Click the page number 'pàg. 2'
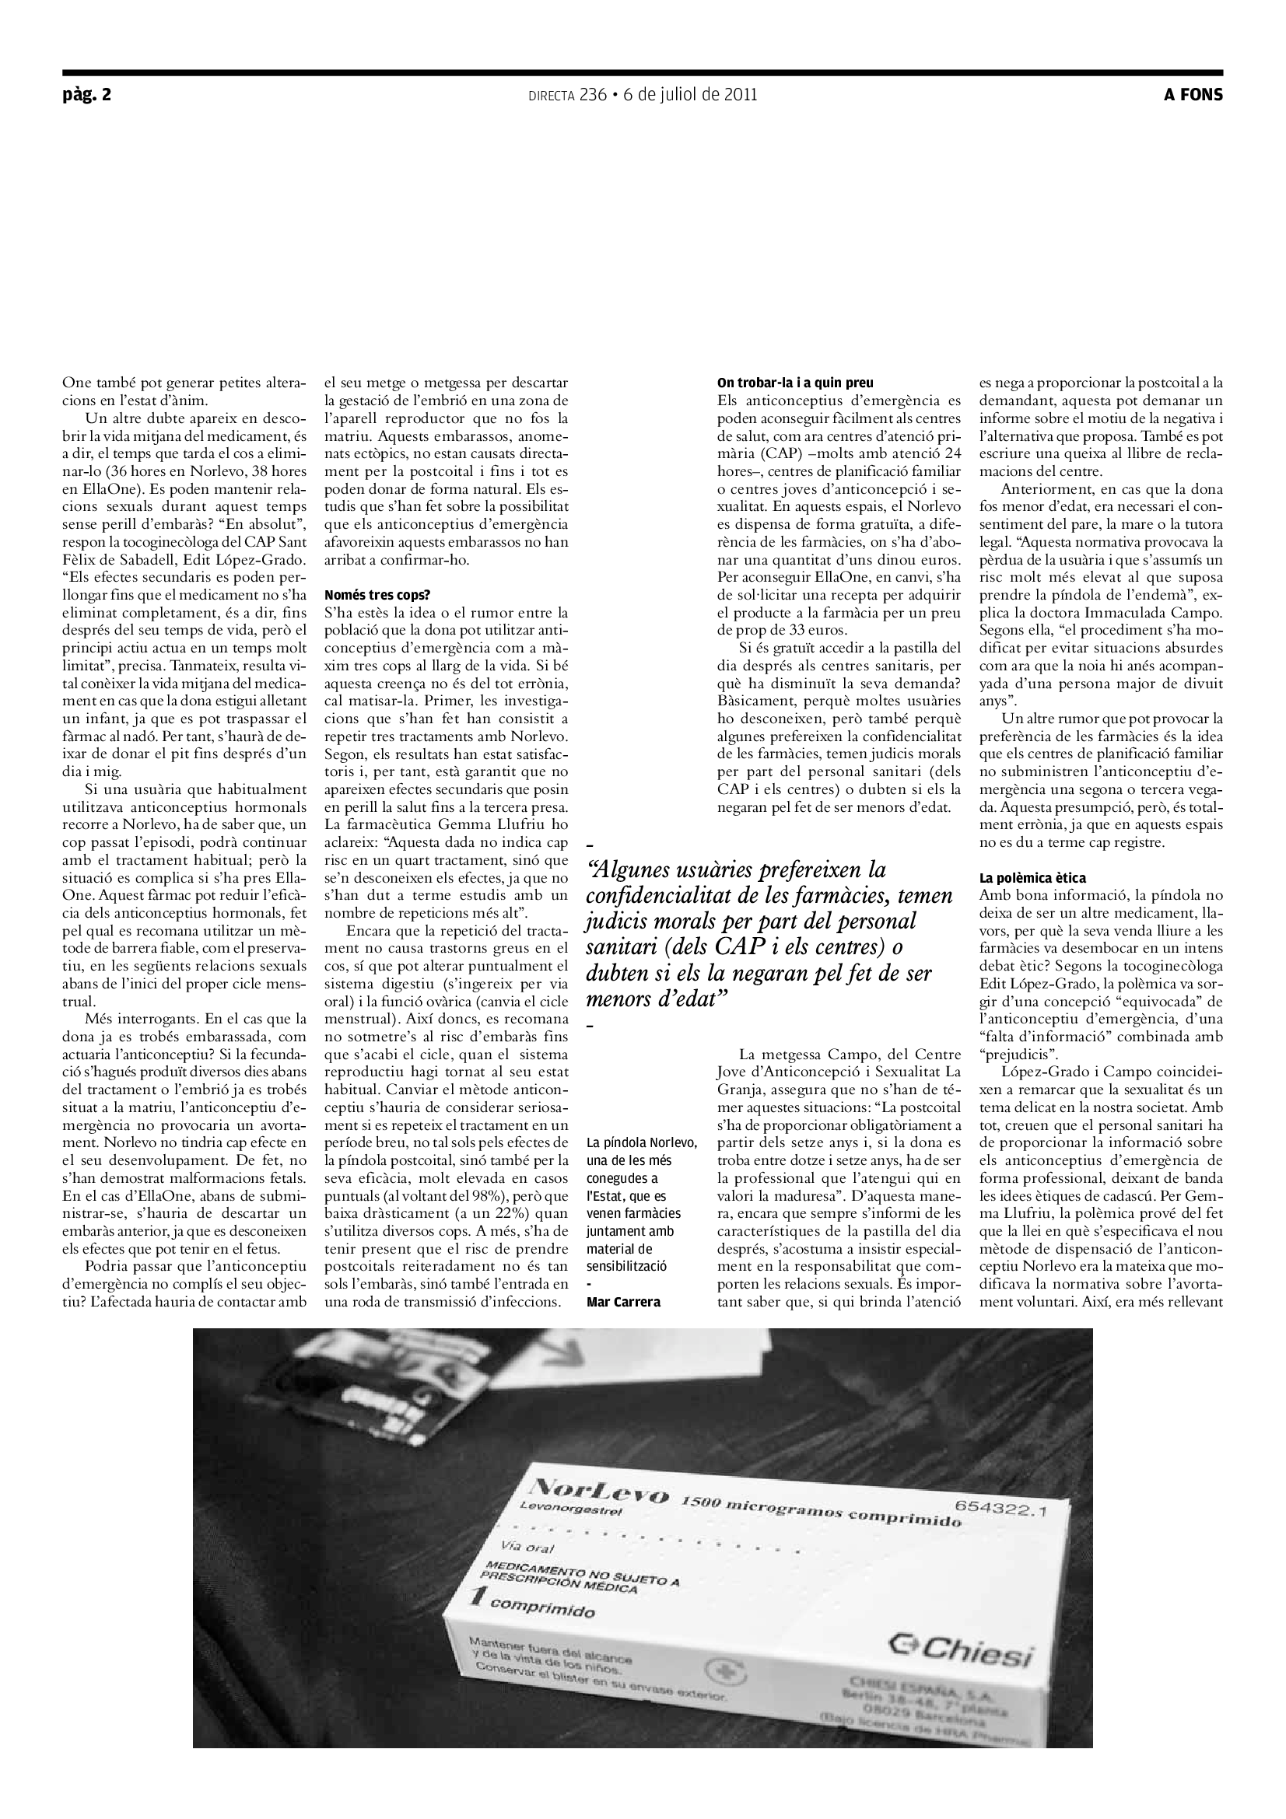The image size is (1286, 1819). (x=86, y=95)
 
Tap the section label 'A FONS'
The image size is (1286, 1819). (x=1193, y=95)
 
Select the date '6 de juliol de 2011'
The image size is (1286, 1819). (x=690, y=95)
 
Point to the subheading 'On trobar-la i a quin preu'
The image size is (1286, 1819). (x=795, y=383)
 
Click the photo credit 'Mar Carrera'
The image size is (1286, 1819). (x=623, y=1302)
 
